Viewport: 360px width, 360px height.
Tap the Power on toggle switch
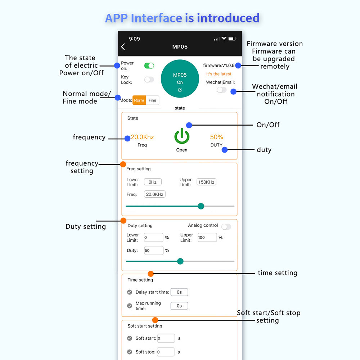149,66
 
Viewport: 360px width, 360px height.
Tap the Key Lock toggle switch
149,80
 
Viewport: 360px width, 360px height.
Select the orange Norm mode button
139,100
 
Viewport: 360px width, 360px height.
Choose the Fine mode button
152,100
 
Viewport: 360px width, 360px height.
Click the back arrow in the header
123,46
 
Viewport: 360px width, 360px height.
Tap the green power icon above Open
182,137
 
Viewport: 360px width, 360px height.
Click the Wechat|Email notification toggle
221,90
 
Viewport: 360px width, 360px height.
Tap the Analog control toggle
226,227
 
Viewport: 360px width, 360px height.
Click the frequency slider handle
201,206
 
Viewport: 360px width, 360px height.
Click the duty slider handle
180,261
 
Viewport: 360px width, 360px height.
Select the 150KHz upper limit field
206,182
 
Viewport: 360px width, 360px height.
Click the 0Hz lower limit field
153,182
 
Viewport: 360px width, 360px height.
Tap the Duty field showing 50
153,250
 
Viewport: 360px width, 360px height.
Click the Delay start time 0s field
179,292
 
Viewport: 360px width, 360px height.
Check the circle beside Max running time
130,306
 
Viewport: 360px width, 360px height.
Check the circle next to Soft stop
130,352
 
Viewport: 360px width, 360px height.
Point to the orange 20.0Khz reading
142,137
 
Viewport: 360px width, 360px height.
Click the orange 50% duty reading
216,137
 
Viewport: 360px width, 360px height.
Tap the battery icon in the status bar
232,39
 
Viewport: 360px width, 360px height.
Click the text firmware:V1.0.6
219,66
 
